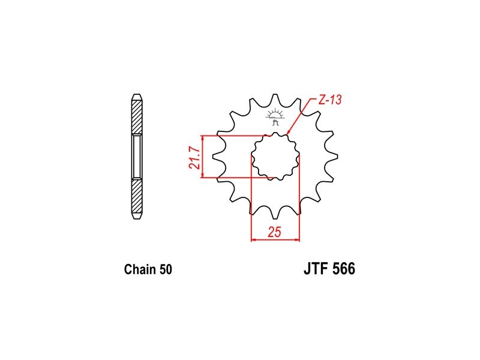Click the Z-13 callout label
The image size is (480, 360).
pyautogui.click(x=330, y=100)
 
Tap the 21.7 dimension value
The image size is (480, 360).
pyautogui.click(x=194, y=158)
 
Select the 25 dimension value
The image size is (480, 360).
pyautogui.click(x=274, y=232)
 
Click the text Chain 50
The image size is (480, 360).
pyautogui.click(x=148, y=269)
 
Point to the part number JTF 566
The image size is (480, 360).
pyautogui.click(x=329, y=269)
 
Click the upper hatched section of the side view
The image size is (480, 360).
pyautogui.click(x=137, y=117)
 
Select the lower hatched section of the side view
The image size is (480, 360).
pyautogui.click(x=137, y=196)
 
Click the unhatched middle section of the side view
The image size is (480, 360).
pyautogui.click(x=137, y=157)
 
